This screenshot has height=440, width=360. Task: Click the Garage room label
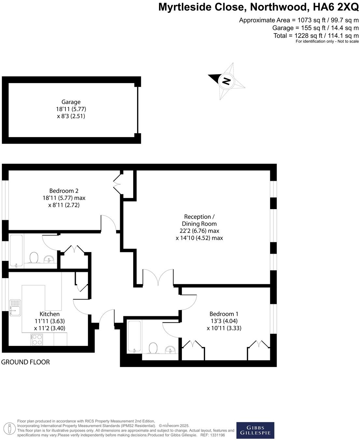(71, 102)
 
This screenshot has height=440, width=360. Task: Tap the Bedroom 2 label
(64, 191)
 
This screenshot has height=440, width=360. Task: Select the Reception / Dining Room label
(199, 220)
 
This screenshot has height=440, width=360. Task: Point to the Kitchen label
(49, 314)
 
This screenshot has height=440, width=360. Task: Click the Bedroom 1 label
(224, 314)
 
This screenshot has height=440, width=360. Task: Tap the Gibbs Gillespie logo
(255, 430)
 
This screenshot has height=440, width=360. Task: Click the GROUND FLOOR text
(26, 362)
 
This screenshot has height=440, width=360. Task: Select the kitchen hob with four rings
(37, 339)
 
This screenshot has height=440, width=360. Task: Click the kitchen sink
(15, 308)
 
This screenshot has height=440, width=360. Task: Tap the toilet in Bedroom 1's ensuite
(153, 348)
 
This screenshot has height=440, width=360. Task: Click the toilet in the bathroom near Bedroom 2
(33, 258)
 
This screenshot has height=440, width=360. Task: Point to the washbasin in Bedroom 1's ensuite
(170, 350)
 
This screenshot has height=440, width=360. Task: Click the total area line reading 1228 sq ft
(316, 35)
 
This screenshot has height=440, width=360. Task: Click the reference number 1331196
(217, 435)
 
